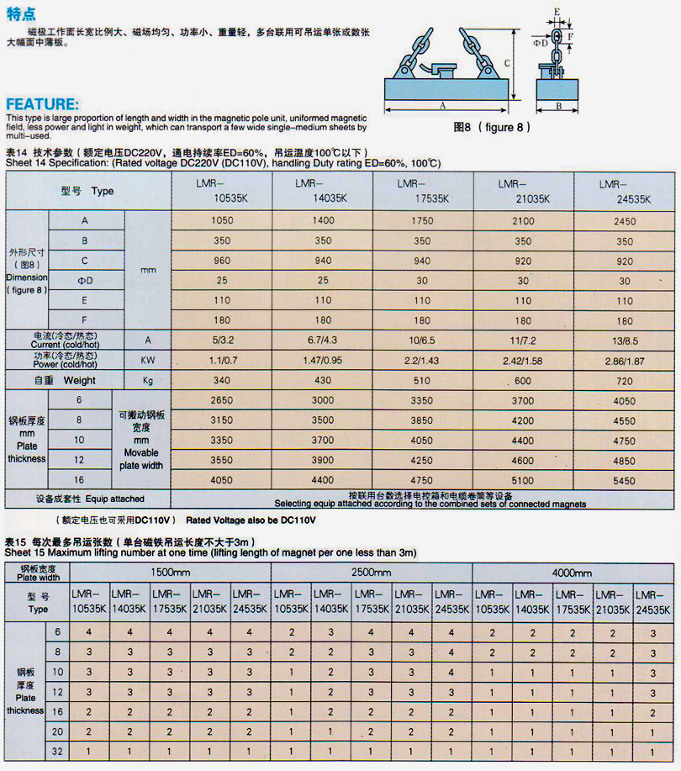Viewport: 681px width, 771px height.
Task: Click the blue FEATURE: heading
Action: pos(43,104)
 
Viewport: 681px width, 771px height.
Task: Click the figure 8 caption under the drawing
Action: pos(493,127)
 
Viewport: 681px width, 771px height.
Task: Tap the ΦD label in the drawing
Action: pos(541,41)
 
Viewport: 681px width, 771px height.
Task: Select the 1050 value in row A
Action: pos(222,221)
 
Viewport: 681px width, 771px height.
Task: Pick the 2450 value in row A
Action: pos(624,221)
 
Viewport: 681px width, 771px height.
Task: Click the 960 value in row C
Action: pos(222,261)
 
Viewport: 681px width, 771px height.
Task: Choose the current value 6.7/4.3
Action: pos(323,340)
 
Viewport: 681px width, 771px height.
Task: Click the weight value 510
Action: pos(423,380)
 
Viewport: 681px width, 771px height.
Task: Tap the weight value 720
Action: pos(624,380)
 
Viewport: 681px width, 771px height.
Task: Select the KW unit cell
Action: pos(148,359)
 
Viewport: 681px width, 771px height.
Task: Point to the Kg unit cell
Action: pos(148,380)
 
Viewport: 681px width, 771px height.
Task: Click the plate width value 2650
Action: pos(222,400)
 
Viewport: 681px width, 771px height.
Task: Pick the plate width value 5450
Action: pos(624,481)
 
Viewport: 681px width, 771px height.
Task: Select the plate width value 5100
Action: pos(523,481)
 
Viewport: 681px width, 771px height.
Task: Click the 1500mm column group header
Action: pos(171,573)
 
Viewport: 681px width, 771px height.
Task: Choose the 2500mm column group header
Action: pos(372,573)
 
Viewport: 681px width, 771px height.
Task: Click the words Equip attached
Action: pos(114,499)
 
